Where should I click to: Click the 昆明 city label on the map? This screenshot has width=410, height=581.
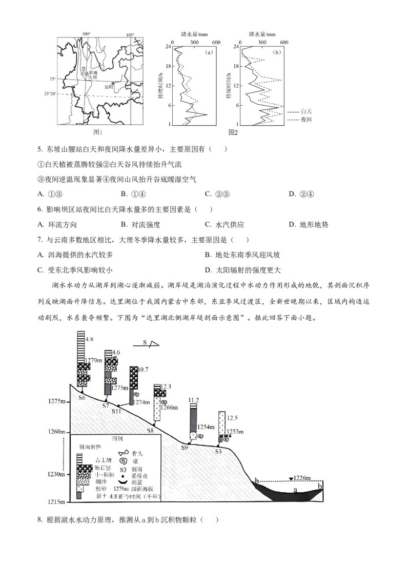(108, 87)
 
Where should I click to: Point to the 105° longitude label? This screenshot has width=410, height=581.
(131, 35)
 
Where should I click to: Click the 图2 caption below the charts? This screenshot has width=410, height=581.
(233, 132)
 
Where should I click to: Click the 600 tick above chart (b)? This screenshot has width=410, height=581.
(283, 42)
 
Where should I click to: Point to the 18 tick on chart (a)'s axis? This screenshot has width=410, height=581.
(167, 66)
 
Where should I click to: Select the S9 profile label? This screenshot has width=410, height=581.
(184, 448)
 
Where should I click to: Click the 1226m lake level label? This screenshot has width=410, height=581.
(302, 478)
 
